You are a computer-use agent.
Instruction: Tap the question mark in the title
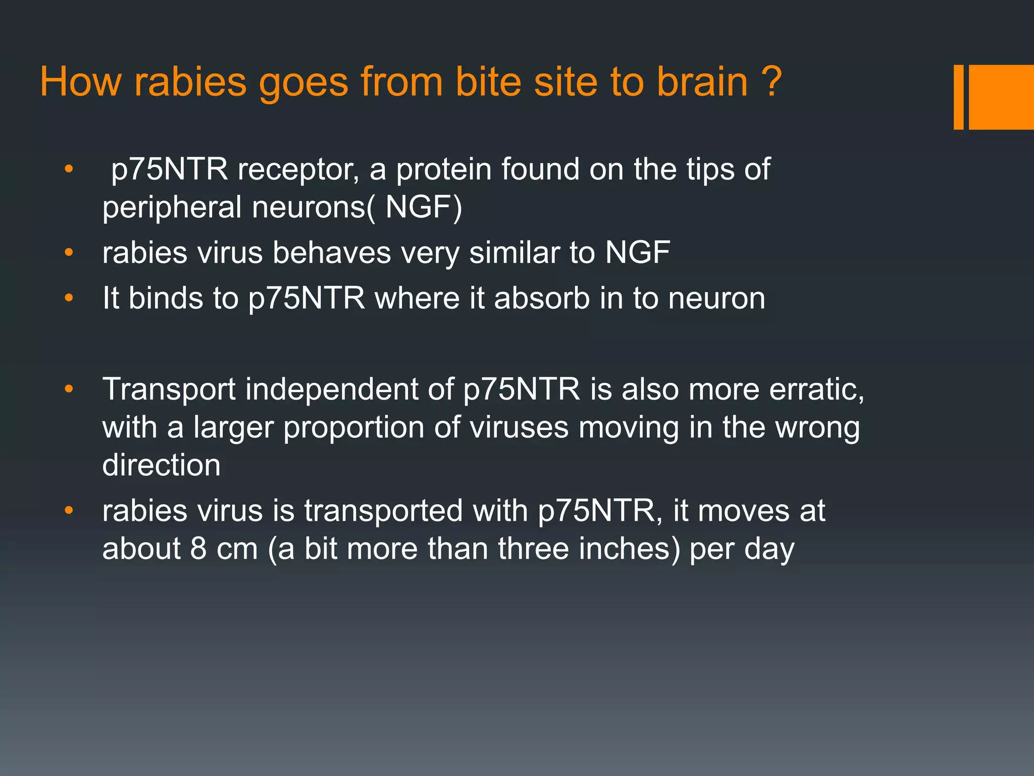(x=771, y=82)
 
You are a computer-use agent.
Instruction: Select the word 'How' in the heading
(x=81, y=82)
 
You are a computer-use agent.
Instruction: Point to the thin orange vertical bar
(x=958, y=97)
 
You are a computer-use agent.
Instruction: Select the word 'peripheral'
(x=172, y=208)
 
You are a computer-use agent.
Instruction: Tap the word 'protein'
(x=444, y=170)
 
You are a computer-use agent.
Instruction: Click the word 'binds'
(x=166, y=298)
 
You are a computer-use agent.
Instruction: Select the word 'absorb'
(x=542, y=298)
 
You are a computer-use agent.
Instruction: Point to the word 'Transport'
(x=169, y=390)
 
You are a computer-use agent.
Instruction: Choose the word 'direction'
(x=162, y=465)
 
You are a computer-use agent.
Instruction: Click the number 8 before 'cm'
(x=198, y=549)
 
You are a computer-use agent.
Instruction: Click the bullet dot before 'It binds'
(x=69, y=298)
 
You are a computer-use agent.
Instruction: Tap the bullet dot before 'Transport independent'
(x=69, y=390)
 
